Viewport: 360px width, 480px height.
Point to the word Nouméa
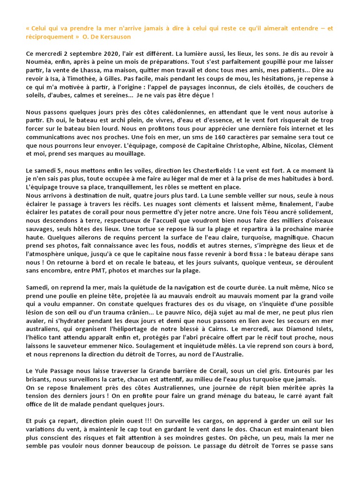click(x=40, y=63)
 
